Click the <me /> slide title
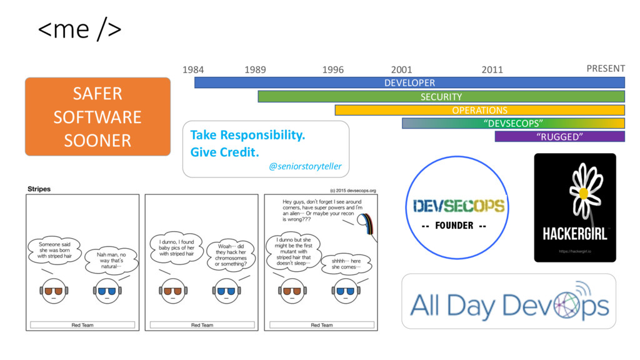(80, 29)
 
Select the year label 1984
(192, 70)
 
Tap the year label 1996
(332, 70)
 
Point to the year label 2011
(492, 70)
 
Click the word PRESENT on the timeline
(605, 68)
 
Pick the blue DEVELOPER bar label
(409, 82)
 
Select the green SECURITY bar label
(441, 97)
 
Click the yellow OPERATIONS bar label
(479, 111)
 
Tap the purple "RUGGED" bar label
(559, 137)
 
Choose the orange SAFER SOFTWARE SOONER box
(97, 117)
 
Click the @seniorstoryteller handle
(305, 167)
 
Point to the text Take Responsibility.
(247, 135)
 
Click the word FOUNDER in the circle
(454, 225)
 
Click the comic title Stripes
(39, 188)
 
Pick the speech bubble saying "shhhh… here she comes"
(346, 265)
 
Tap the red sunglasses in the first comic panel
(51, 291)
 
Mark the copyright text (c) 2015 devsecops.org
(352, 191)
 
